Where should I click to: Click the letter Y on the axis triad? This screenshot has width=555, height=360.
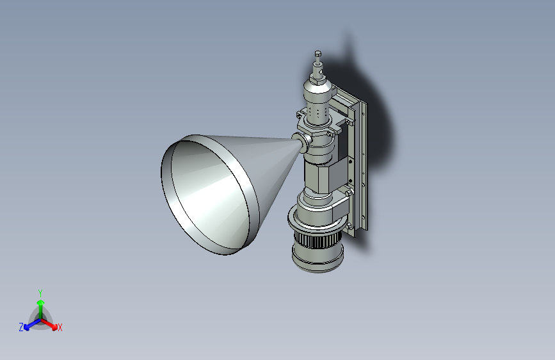click(x=40, y=292)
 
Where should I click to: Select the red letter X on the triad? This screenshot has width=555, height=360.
click(x=60, y=328)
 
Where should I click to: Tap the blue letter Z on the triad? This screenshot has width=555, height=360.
click(x=21, y=327)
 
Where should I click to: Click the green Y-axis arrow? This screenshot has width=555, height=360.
click(x=40, y=306)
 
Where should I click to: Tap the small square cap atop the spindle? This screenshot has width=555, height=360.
click(x=318, y=54)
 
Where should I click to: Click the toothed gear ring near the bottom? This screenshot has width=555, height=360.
click(x=318, y=243)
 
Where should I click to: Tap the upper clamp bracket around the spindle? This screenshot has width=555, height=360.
click(x=318, y=126)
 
